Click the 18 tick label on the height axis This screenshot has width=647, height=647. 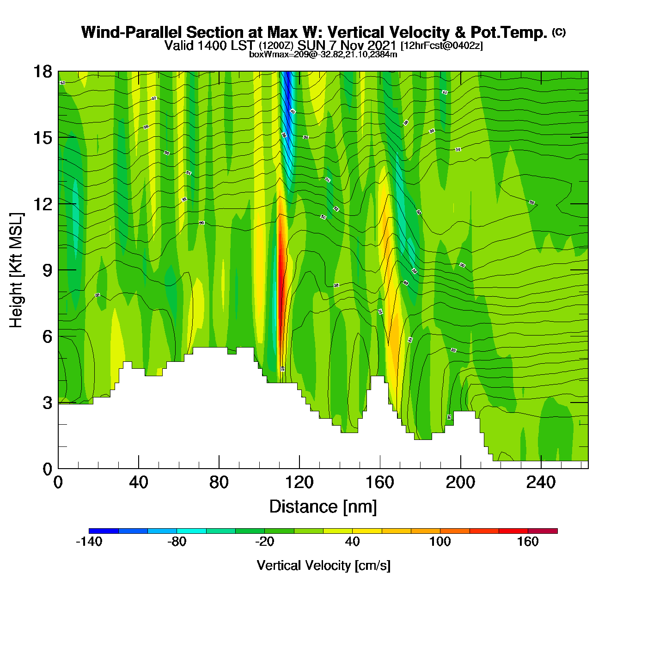coord(42,72)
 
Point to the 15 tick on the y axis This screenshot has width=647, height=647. coord(42,138)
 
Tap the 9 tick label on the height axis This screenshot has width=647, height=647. coord(47,270)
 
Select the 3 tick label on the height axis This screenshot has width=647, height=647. coord(47,403)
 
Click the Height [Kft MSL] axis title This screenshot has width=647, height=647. coord(16,270)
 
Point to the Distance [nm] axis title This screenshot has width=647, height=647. coord(323,507)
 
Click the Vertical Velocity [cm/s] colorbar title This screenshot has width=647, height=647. coord(323,566)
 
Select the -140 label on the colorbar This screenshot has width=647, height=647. coord(89,542)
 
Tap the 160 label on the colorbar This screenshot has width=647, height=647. coord(528,542)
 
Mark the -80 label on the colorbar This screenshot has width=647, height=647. coord(177,542)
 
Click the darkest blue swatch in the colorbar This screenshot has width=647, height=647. coord(104,531)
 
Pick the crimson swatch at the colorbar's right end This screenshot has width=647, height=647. coord(543,531)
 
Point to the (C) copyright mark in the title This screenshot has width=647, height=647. coord(559,32)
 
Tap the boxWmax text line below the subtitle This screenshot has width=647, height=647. coord(323,54)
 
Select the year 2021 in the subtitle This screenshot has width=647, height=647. coord(382,45)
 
